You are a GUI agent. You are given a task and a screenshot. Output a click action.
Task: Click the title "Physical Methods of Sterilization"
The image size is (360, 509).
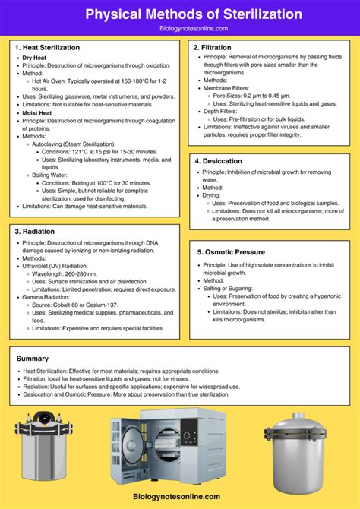tap(180, 14)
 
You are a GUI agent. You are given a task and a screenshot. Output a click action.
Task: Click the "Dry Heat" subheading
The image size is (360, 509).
tap(35, 58)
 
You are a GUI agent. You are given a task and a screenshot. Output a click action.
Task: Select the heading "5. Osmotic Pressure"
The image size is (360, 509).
tap(229, 252)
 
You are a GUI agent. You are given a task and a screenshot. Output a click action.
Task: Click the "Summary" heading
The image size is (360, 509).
tap(33, 358)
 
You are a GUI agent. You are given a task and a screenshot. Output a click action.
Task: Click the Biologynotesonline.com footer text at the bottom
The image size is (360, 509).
tap(180, 496)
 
